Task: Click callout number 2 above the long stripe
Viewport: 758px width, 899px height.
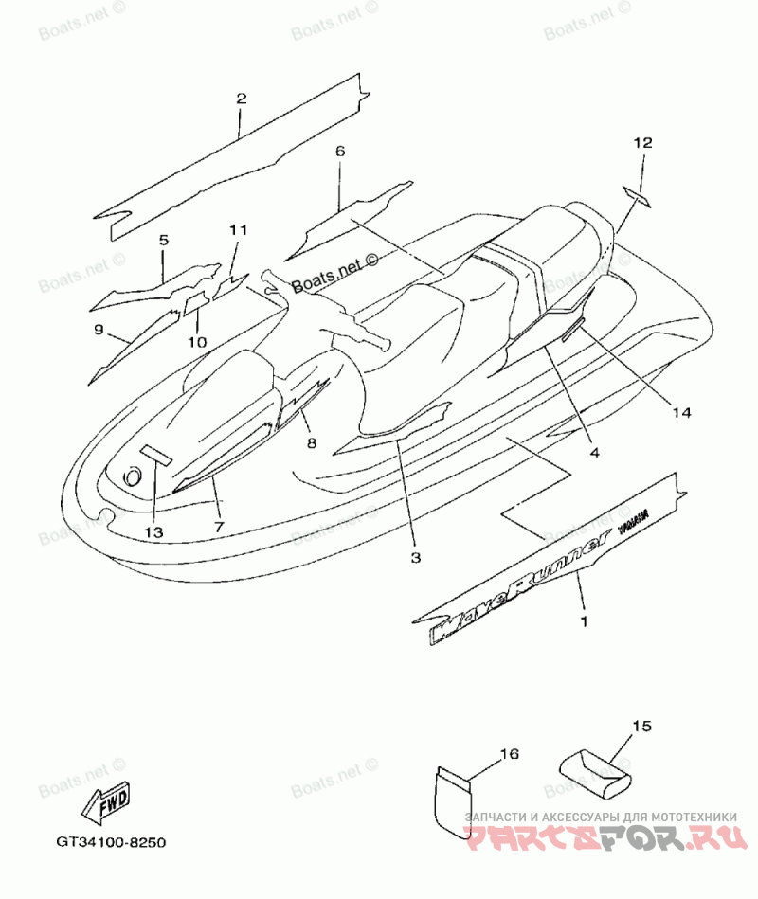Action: tap(241, 99)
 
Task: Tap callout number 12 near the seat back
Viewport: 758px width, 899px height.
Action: tap(643, 143)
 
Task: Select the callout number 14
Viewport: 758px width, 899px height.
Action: tap(681, 411)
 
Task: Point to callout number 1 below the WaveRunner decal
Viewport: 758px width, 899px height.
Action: tap(584, 621)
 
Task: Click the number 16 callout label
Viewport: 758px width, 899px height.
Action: tap(509, 754)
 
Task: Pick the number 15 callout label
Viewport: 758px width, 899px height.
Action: tap(641, 727)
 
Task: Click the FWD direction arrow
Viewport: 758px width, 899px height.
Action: tap(105, 802)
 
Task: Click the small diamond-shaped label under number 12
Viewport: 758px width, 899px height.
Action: tap(636, 196)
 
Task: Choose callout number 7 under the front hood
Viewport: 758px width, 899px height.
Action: tap(218, 527)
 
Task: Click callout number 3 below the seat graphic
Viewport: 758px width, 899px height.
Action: tap(415, 558)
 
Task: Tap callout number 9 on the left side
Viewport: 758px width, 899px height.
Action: tap(98, 329)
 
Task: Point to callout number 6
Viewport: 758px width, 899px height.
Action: tap(340, 152)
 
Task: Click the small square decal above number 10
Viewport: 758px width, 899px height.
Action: tap(196, 302)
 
